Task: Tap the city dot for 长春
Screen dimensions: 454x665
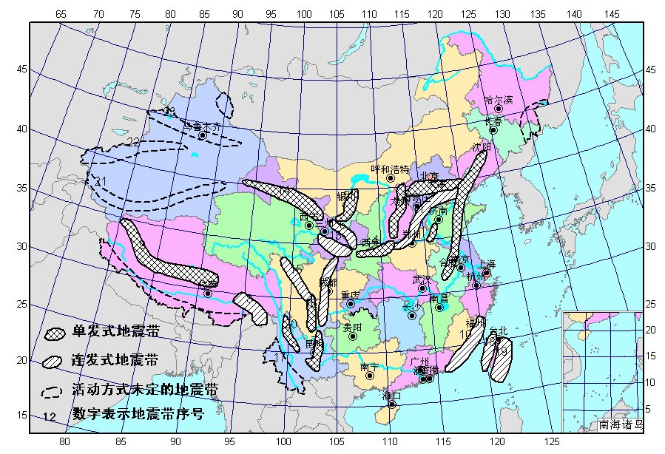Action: (493, 130)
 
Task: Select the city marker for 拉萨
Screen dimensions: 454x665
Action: (208, 294)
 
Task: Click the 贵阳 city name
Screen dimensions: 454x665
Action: (353, 327)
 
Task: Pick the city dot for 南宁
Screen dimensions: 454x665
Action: (370, 375)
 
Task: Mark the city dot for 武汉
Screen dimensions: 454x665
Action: (422, 288)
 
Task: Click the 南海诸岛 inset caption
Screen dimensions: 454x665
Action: (621, 425)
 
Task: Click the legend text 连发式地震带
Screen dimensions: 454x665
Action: (115, 361)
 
